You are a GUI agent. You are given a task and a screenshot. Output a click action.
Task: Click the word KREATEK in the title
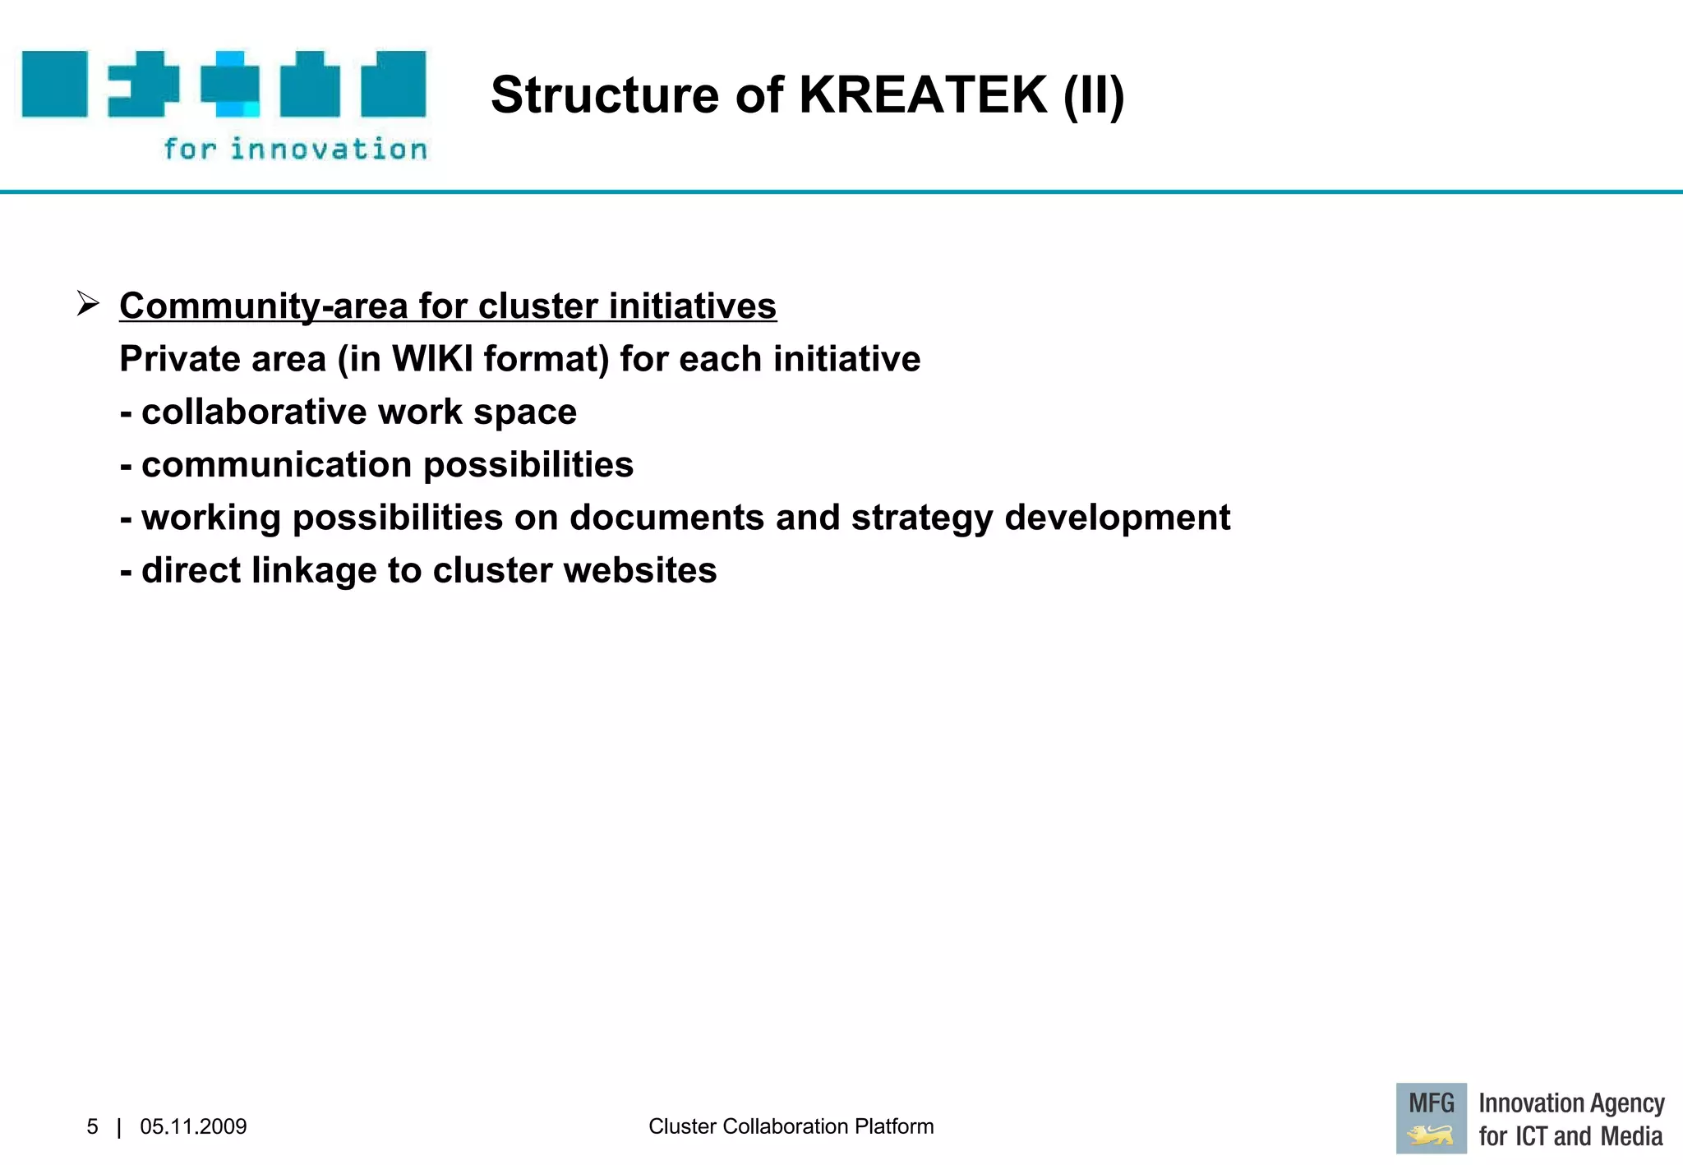(x=923, y=94)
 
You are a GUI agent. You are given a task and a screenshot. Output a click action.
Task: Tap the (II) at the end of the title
(x=1093, y=95)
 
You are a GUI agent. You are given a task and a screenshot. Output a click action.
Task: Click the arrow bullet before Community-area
(x=88, y=304)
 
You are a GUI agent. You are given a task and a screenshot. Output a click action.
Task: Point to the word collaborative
(x=254, y=412)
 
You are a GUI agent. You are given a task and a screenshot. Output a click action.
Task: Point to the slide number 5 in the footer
(x=92, y=1126)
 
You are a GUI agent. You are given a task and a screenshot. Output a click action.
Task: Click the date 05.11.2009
(x=193, y=1126)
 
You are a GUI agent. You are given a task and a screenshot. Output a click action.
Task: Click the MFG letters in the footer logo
(x=1431, y=1103)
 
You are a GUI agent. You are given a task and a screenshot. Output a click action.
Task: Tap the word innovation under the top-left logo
(x=329, y=149)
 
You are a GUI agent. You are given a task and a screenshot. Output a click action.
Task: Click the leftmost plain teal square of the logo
(x=54, y=84)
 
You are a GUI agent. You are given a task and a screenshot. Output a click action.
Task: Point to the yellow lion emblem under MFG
(x=1430, y=1136)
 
